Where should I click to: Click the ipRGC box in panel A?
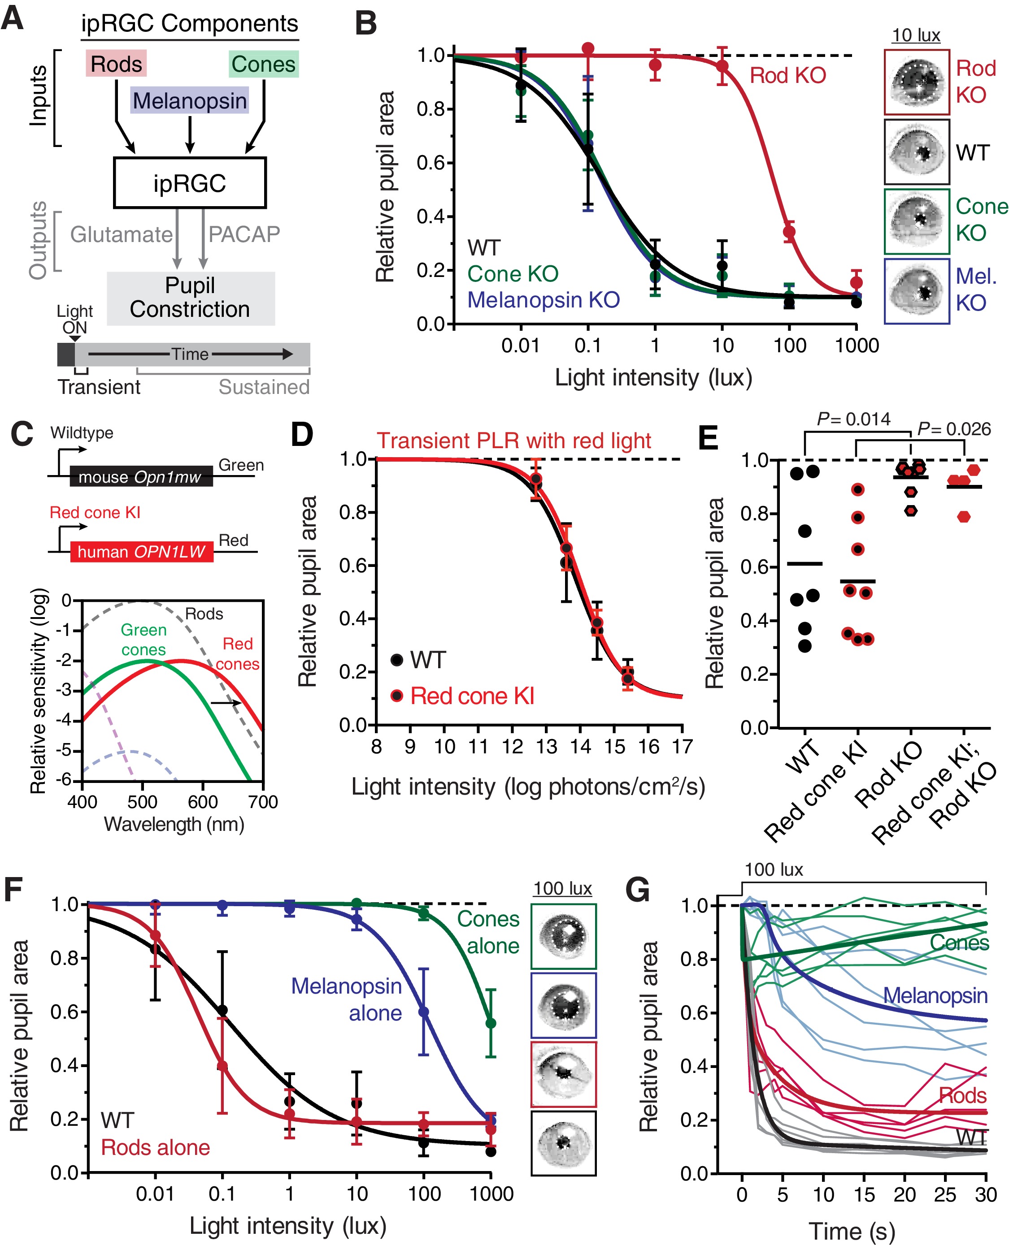190,183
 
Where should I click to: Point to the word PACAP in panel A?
244,234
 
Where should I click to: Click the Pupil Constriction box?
190,298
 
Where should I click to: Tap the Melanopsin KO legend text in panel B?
544,300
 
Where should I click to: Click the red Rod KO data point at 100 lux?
789,232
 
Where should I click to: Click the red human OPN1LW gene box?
141,551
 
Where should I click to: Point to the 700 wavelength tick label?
263,802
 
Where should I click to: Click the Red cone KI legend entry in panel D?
472,696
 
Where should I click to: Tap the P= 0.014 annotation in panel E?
853,419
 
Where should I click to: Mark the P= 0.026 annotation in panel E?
953,429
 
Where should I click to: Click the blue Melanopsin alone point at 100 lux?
424,1012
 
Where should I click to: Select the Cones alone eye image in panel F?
563,935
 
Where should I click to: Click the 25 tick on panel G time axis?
945,1195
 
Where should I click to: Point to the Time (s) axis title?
852,1231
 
